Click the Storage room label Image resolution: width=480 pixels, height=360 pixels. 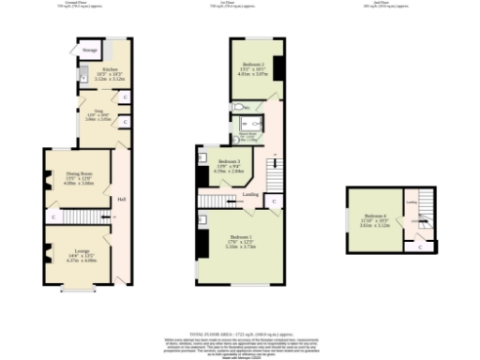coord(90,51)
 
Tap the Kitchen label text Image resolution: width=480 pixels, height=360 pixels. coord(110,69)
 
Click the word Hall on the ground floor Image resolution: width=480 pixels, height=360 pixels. coord(122,200)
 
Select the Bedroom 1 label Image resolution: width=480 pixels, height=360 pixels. coord(239,237)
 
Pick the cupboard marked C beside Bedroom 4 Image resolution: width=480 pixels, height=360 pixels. coord(420,247)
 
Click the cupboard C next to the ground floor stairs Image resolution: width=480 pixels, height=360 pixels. coord(52,217)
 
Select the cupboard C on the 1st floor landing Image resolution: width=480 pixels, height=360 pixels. coord(270,201)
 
